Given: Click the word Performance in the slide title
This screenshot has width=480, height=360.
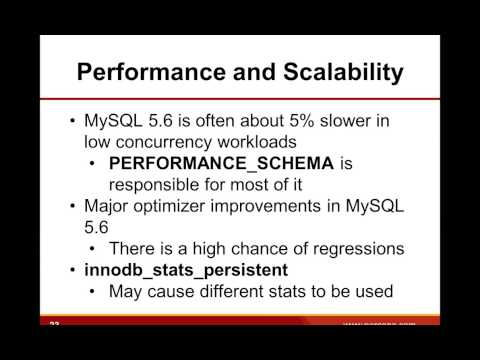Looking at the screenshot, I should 143,73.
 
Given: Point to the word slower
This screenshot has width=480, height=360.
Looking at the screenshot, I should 360,121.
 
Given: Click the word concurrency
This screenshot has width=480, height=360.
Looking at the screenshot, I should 187,142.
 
